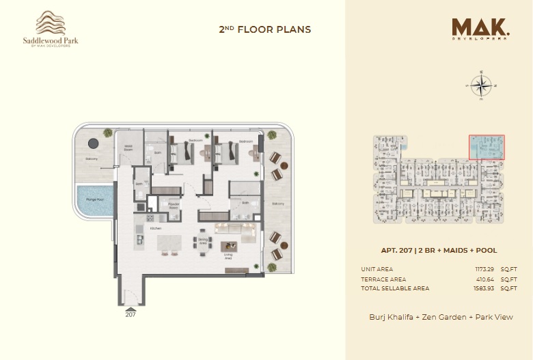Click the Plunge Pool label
[x=90, y=199]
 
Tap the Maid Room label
[x=128, y=148]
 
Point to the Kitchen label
[x=155, y=228]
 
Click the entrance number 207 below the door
[x=131, y=315]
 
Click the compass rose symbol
[x=482, y=86]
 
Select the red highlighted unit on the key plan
[x=487, y=147]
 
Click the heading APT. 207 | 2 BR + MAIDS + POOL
[x=439, y=250]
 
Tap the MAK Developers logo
[x=480, y=29]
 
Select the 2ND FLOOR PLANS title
[x=264, y=29]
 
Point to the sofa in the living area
[x=231, y=229]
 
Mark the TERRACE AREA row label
[x=383, y=279]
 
